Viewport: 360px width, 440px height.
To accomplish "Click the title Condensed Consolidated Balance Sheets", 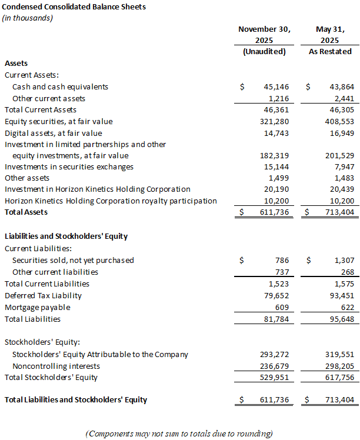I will click(75, 7).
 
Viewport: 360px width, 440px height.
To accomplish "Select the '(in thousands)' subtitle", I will click(28, 18).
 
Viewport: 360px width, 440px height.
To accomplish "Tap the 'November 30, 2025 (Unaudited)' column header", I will click(264, 40).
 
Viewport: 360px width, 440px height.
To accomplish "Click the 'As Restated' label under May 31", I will click(330, 51).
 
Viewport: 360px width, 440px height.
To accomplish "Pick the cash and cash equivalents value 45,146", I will click(275, 86).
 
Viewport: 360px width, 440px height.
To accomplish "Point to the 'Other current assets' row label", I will click(49, 98).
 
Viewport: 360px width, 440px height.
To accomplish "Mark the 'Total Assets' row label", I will click(26, 212).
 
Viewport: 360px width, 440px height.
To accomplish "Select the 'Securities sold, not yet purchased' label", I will click(73, 260).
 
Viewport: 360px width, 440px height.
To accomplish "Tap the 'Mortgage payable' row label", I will click(37, 307).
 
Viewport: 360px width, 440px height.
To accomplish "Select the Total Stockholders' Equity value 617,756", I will click(339, 377).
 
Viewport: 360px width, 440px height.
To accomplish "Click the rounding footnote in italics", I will click(179, 434).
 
